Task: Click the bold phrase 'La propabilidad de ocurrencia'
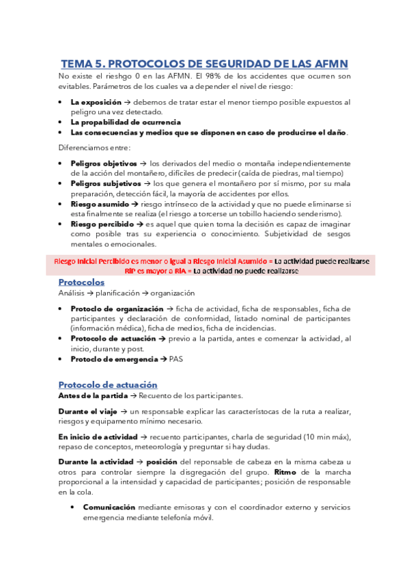[123, 122]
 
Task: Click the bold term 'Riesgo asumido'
[99, 204]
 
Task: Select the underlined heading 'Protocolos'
[81, 282]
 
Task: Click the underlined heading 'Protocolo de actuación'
[108, 384]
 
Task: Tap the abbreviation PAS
[176, 358]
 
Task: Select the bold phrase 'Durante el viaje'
[88, 411]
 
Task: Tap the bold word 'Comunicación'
[109, 507]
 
